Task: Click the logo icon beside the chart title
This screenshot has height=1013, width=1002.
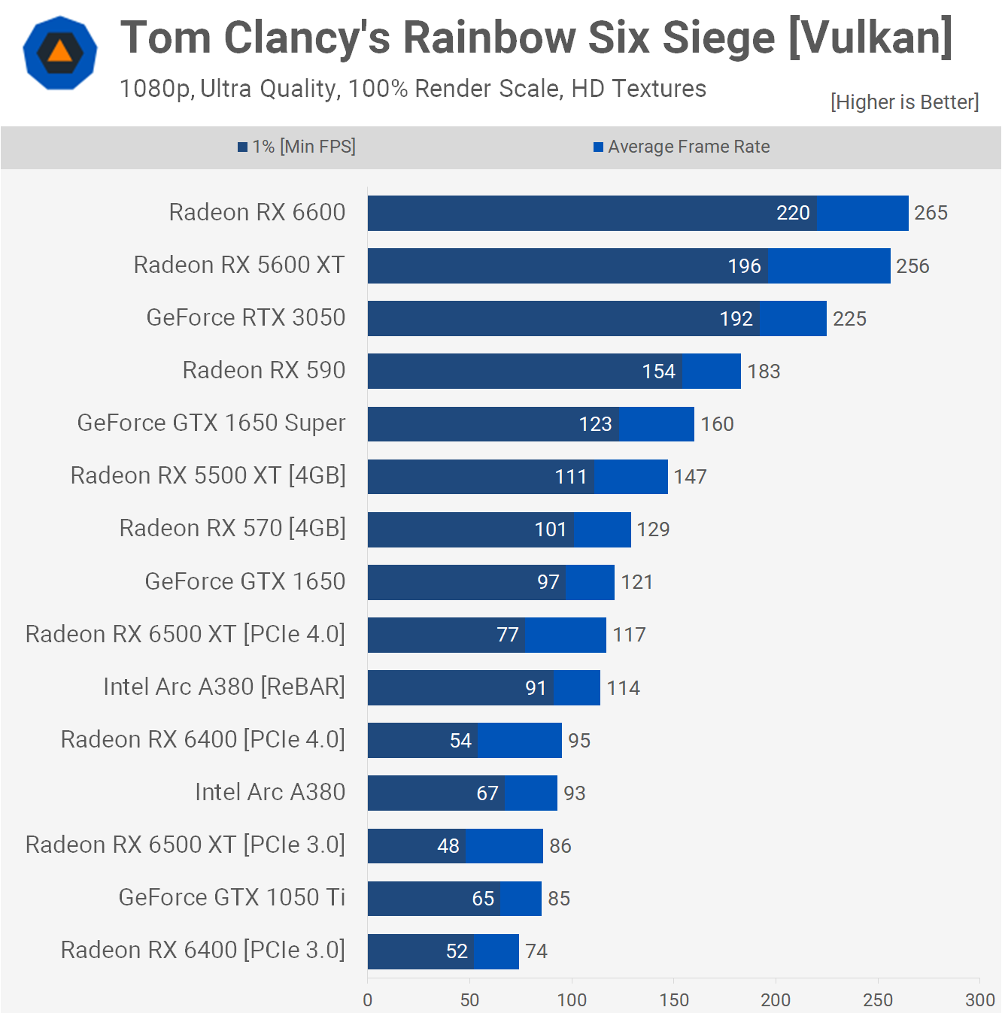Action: [x=60, y=53]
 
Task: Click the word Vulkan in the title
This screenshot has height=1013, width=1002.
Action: [x=870, y=38]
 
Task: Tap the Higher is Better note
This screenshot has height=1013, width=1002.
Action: [x=904, y=102]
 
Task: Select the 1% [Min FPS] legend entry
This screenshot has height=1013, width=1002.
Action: [x=297, y=147]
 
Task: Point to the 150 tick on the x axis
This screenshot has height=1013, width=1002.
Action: [x=674, y=999]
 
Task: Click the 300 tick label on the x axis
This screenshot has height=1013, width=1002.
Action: [x=979, y=999]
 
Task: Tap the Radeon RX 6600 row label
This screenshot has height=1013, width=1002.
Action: [x=257, y=213]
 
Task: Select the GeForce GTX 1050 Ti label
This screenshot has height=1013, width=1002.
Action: [x=232, y=897]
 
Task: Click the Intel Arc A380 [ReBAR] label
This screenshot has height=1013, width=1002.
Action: [x=224, y=687]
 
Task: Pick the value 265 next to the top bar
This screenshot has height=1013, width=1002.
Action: [x=931, y=213]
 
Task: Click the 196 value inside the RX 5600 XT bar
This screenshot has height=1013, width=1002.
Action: [x=745, y=266]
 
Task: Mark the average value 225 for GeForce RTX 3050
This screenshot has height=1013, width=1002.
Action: [x=849, y=319]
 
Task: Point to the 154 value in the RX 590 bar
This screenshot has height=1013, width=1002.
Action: [x=659, y=372]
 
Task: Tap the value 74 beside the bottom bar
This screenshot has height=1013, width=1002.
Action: [x=536, y=951]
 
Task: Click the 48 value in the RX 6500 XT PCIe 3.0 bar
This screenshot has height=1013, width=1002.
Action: [x=448, y=846]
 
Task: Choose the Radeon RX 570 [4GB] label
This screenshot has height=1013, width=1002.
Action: [x=232, y=529]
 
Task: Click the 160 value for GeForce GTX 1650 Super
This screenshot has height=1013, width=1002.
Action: [x=717, y=424]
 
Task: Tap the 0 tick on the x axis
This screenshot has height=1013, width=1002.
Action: [x=368, y=999]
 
